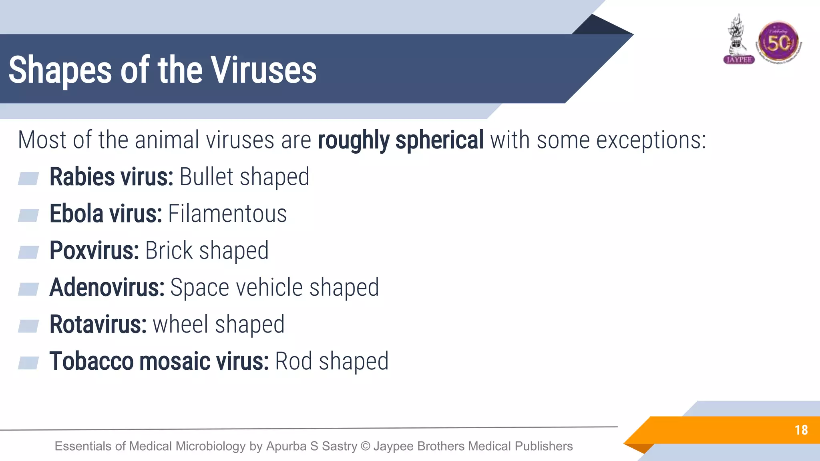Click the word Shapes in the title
point(60,70)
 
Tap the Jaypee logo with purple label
point(739,40)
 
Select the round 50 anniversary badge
point(778,42)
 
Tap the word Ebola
point(76,214)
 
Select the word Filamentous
point(227,214)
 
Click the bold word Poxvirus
point(94,251)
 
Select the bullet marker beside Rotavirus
point(28,326)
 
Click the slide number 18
point(801,430)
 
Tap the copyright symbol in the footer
point(365,446)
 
